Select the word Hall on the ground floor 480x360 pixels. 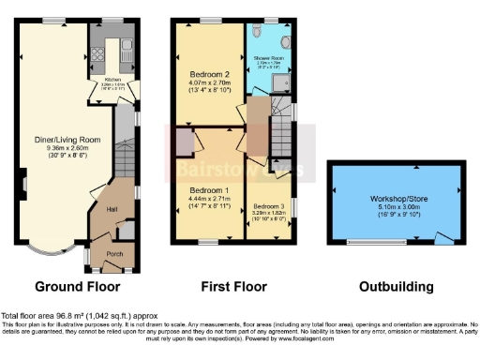(x=111, y=208)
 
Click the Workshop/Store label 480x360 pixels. (x=397, y=199)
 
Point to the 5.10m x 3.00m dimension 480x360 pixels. (x=397, y=209)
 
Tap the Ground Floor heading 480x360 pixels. (x=77, y=287)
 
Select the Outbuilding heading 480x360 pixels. (x=397, y=287)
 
